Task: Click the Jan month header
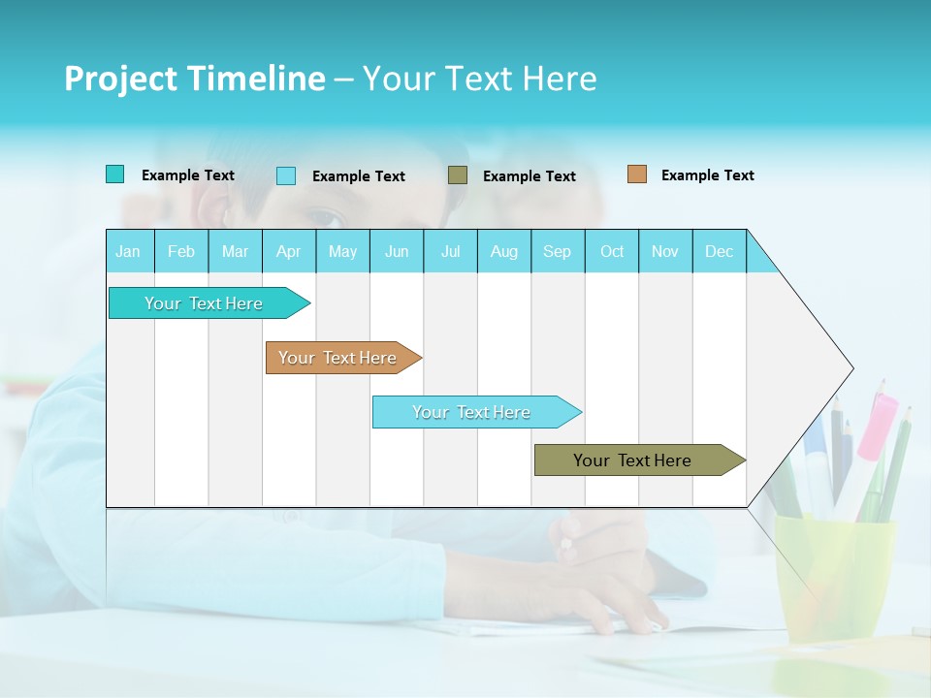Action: (128, 251)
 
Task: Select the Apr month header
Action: (288, 251)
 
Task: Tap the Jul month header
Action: (450, 251)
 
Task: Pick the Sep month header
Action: (557, 251)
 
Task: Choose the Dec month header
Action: (719, 251)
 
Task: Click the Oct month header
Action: (612, 251)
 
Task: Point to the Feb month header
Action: (181, 251)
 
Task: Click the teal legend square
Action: (114, 174)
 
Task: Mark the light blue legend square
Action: (286, 175)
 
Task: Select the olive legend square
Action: (458, 174)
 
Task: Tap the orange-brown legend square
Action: (637, 174)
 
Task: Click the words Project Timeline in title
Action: (194, 79)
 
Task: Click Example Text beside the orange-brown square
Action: (707, 175)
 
